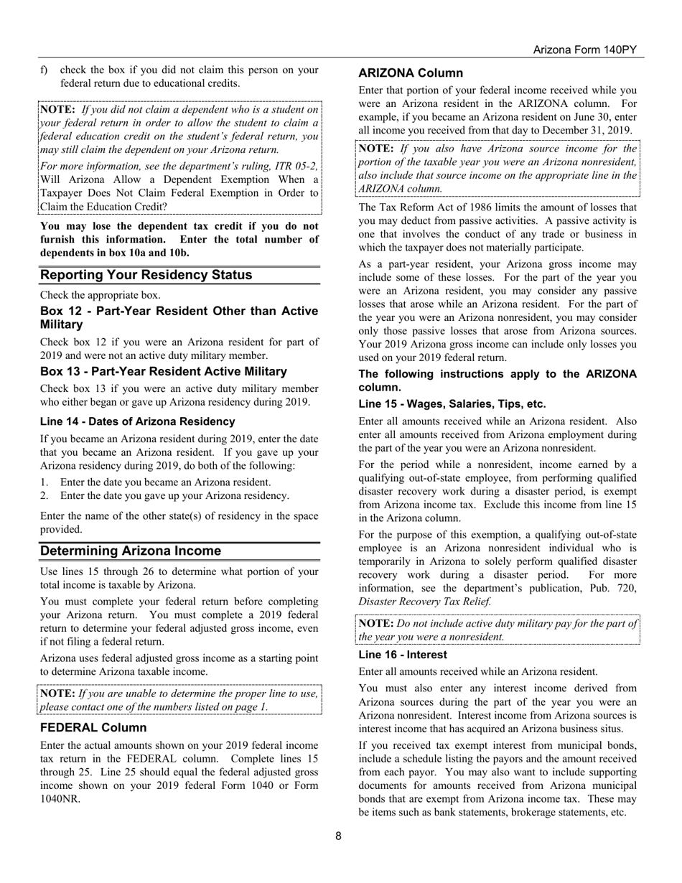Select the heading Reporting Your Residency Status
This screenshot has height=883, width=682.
[x=146, y=275]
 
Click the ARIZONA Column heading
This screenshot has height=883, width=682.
[x=411, y=73]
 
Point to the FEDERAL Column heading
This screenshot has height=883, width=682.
[x=93, y=727]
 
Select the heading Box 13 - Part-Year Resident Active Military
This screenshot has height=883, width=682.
[x=164, y=371]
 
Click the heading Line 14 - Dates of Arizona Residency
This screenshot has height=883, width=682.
[x=138, y=421]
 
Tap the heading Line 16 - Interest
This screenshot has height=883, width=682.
[x=403, y=655]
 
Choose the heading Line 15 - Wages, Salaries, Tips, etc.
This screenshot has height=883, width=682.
[x=452, y=403]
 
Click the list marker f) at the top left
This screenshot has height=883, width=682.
[x=45, y=70]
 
